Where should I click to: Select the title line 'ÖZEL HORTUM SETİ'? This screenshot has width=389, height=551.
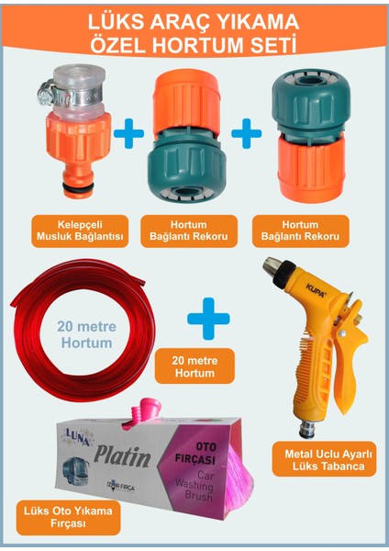click(x=194, y=46)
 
